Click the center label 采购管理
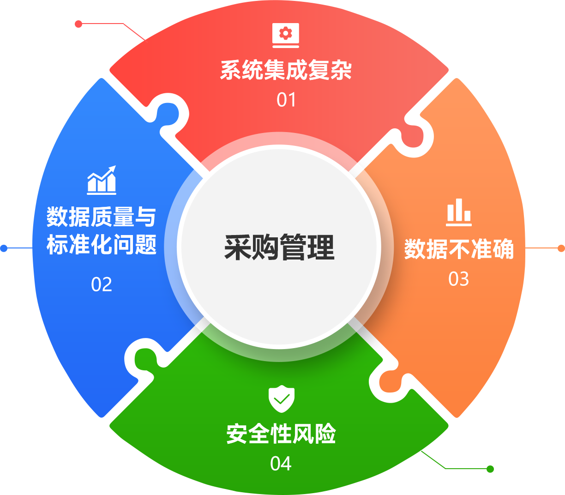tap(279, 247)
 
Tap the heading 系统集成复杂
tap(286, 71)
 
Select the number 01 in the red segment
tap(286, 100)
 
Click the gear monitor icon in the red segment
tap(286, 35)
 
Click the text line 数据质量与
tap(102, 217)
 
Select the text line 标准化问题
tap(102, 245)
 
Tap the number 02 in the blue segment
tap(102, 284)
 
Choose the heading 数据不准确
tap(459, 249)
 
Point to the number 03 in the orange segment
tap(459, 279)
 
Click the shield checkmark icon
tap(282, 398)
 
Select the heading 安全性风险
tap(281, 434)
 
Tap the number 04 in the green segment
tap(281, 464)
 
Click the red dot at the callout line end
tap(78, 24)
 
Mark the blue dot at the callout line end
tap(4, 248)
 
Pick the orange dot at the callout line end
tap(561, 248)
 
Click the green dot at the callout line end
tap(490, 469)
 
